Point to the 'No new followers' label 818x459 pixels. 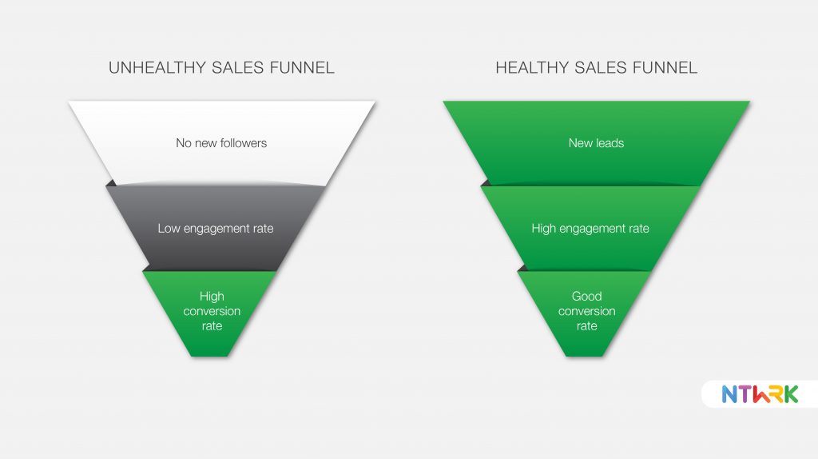point(221,143)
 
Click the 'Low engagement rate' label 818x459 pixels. point(216,229)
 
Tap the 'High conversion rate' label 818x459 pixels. point(212,311)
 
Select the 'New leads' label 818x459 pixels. point(596,143)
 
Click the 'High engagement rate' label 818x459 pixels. point(590,229)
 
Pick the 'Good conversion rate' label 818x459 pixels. point(587,311)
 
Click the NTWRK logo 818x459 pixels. point(760,394)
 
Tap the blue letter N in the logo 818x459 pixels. point(729,394)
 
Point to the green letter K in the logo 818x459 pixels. point(791,394)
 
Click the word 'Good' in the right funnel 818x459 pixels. point(587,296)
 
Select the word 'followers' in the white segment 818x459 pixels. point(244,143)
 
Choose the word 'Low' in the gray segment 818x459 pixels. point(169,229)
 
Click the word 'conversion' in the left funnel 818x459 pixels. point(212,311)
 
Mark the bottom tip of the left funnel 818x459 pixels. point(210,357)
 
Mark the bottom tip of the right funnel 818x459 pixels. point(584,357)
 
